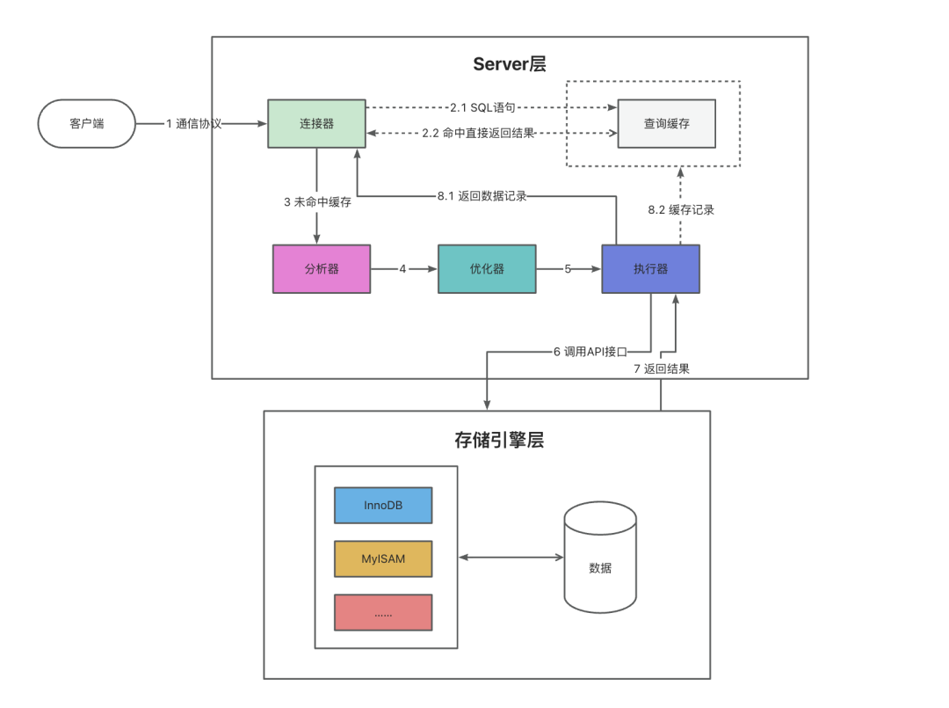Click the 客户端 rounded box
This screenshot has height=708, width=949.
(x=86, y=124)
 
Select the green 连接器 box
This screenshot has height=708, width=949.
(x=316, y=124)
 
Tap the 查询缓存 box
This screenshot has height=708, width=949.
(x=666, y=124)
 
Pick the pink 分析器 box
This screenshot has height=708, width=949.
(x=322, y=268)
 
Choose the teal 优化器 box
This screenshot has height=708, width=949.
(x=487, y=268)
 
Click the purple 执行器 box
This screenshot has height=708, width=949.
(x=650, y=268)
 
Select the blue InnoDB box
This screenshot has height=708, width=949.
(x=383, y=506)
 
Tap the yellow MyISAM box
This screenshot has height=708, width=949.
(x=383, y=558)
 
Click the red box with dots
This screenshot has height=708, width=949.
(x=383, y=612)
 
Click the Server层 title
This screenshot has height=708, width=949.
(x=511, y=63)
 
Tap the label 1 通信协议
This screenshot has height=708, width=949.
(x=194, y=124)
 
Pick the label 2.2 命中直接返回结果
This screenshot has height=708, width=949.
(x=478, y=134)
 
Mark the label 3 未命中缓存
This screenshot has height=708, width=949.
(x=317, y=202)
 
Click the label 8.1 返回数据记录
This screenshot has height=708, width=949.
(x=482, y=196)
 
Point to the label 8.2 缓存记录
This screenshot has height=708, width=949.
(x=681, y=210)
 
